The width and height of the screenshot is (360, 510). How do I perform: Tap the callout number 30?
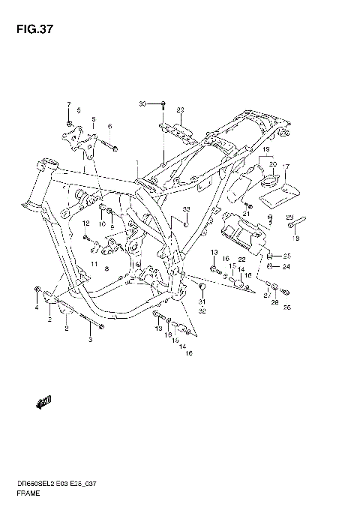(x=142, y=103)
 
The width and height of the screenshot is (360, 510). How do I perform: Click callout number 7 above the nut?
(x=68, y=104)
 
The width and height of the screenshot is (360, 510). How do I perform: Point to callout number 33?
(x=187, y=208)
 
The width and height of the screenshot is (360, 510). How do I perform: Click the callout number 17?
(x=286, y=166)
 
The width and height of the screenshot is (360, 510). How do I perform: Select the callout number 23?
(x=289, y=218)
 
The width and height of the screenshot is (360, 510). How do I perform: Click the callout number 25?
(x=286, y=256)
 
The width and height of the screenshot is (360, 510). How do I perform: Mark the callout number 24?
(x=286, y=265)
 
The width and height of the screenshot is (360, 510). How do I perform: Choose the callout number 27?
(x=265, y=295)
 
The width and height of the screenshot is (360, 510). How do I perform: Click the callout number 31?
(x=201, y=302)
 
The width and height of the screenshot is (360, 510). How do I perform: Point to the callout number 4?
(x=35, y=307)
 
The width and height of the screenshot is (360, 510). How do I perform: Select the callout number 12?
(x=85, y=223)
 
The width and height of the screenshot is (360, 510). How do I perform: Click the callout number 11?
(x=94, y=264)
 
